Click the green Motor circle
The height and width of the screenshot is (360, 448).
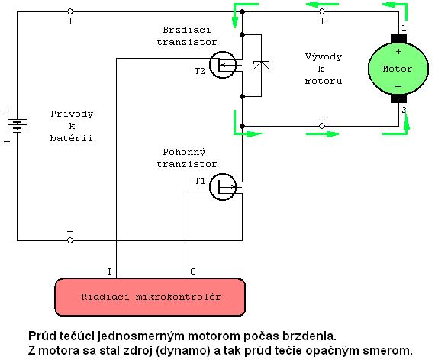click(398, 69)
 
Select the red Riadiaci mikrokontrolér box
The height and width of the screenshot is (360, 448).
click(150, 297)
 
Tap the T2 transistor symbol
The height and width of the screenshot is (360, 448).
click(223, 65)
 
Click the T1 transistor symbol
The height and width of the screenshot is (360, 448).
click(223, 187)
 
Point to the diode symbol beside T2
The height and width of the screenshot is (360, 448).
click(262, 65)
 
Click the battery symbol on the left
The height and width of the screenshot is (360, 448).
click(18, 126)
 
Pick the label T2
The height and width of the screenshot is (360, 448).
click(200, 71)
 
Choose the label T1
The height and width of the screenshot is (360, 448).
click(200, 181)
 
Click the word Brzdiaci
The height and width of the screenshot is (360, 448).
click(187, 30)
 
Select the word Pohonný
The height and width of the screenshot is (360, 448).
click(184, 152)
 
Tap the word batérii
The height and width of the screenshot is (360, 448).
click(72, 138)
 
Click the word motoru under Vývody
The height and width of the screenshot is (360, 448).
click(324, 81)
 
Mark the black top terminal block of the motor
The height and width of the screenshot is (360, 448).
click(398, 39)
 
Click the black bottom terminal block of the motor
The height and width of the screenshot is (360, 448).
click(398, 98)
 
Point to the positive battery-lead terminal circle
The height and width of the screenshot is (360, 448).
click(70, 11)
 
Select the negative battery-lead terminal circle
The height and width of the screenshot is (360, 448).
click(70, 240)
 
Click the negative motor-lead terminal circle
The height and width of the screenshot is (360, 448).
click(322, 126)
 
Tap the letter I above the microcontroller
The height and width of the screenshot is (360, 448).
click(109, 272)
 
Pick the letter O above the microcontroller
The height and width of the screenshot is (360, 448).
click(193, 272)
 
